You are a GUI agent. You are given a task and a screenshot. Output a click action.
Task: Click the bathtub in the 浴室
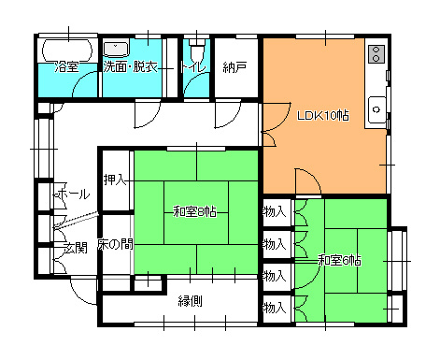pyautogui.click(x=67, y=50)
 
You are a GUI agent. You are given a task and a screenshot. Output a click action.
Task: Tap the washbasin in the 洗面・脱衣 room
pyautogui.click(x=116, y=49)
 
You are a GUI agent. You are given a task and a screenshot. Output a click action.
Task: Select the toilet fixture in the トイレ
pyautogui.click(x=197, y=50)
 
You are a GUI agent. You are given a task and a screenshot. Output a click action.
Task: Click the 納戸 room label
pyautogui.click(x=235, y=67)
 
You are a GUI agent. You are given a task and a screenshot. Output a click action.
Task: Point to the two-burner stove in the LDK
pyautogui.click(x=376, y=54)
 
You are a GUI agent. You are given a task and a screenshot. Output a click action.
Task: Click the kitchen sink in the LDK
pyautogui.click(x=377, y=109)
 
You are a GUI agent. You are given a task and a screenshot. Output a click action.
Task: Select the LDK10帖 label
pyautogui.click(x=323, y=116)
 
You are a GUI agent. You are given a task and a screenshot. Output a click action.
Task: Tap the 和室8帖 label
pyautogui.click(x=195, y=212)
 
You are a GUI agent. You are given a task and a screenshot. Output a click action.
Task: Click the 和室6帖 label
pyautogui.click(x=339, y=260)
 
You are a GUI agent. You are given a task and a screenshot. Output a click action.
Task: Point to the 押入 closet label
pyautogui.click(x=115, y=180)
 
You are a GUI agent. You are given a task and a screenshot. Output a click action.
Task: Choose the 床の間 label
pyautogui.click(x=115, y=244)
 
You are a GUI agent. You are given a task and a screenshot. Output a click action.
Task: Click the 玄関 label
pyautogui.click(x=75, y=248)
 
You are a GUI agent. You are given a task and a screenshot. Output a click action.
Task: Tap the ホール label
pyautogui.click(x=73, y=194)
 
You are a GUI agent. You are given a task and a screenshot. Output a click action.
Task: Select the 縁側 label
pyautogui.click(x=191, y=301)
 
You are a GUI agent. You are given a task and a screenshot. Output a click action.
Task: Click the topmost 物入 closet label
pyautogui.click(x=275, y=212)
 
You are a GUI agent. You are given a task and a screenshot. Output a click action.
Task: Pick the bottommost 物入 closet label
pyautogui.click(x=275, y=308)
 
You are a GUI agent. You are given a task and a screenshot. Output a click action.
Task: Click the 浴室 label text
pyautogui.click(x=67, y=66)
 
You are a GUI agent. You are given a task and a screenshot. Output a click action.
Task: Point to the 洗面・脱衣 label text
pyautogui.click(x=131, y=66)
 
